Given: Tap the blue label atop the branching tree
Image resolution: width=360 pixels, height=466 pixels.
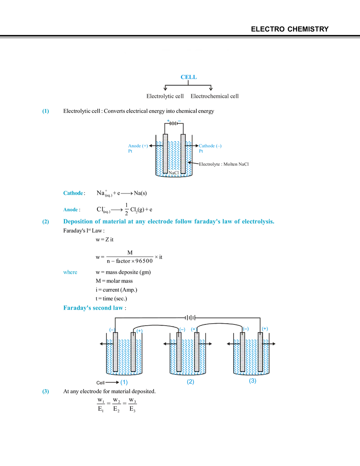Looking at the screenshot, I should [x=189, y=77].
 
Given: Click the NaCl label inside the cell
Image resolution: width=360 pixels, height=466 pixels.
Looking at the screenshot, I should [x=173, y=173].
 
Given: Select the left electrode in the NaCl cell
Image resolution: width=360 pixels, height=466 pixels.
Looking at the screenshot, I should [x=165, y=153].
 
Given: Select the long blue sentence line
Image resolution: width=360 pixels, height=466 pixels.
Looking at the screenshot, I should [x=170, y=223].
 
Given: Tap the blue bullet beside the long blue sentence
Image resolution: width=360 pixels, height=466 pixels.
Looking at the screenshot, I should [x=45, y=223].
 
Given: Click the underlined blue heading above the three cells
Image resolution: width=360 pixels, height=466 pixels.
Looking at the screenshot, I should [x=93, y=308].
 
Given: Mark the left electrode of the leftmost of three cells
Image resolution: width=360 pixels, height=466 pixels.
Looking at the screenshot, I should [x=115, y=352].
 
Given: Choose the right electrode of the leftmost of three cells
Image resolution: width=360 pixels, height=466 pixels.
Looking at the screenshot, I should [x=133, y=352].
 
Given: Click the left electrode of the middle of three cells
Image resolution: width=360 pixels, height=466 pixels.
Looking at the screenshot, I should [x=179, y=352].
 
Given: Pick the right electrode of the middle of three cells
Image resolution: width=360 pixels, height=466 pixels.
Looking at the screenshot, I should [x=196, y=352].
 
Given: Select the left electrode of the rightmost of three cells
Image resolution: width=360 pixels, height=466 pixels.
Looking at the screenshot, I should [x=243, y=352].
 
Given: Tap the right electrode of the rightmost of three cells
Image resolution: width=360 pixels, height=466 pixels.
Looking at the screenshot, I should [x=261, y=352].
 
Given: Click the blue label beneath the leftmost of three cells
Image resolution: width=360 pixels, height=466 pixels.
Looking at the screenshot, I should [x=125, y=383].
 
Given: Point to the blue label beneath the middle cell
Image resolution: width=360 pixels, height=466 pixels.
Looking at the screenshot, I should [x=189, y=383].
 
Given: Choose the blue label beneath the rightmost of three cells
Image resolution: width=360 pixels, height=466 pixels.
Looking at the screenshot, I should [x=253, y=383].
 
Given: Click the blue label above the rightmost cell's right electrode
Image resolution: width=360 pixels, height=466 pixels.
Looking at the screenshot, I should [x=265, y=328].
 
